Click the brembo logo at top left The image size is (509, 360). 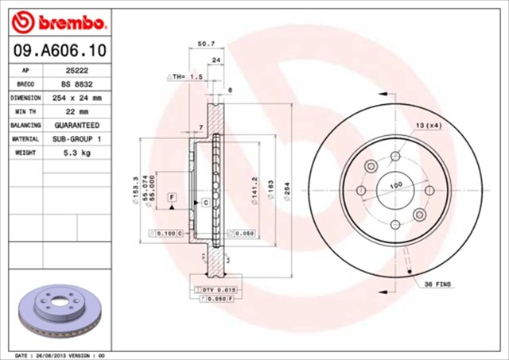pos(56,19)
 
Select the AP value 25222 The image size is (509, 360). pos(77,70)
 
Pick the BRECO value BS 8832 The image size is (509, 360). pos(77,83)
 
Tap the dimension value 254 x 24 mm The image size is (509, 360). pos(77,98)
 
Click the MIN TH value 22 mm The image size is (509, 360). pos(77,111)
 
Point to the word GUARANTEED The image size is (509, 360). pos(77,126)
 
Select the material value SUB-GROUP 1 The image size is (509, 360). pos(77,139)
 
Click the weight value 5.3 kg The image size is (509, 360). pos(77,153)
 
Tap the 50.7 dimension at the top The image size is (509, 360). pos(206,45)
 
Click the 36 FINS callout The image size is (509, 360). pos(438,284)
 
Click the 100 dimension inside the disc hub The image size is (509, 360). pos(395,185)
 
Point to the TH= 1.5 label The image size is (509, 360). pos(187,76)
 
